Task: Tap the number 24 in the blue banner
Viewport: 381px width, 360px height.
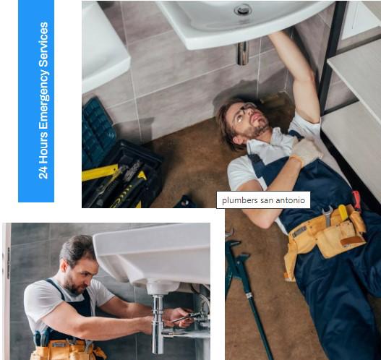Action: tap(43, 173)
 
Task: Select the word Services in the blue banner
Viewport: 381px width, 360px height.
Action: tap(43, 44)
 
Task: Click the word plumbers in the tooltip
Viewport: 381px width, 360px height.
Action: tap(239, 200)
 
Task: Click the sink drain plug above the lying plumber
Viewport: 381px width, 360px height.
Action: tap(243, 10)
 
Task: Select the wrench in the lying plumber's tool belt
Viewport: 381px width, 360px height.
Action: tap(328, 216)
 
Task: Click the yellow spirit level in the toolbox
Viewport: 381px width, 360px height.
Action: tap(100, 173)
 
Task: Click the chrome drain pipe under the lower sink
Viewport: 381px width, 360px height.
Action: tap(158, 323)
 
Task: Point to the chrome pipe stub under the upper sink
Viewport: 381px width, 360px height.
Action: tap(242, 53)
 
